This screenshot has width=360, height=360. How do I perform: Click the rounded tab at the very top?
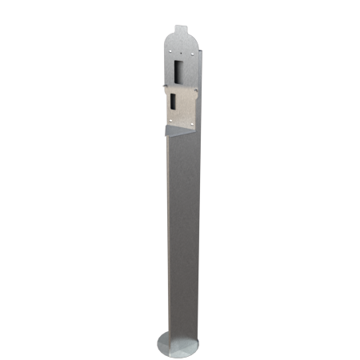point(182,31)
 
